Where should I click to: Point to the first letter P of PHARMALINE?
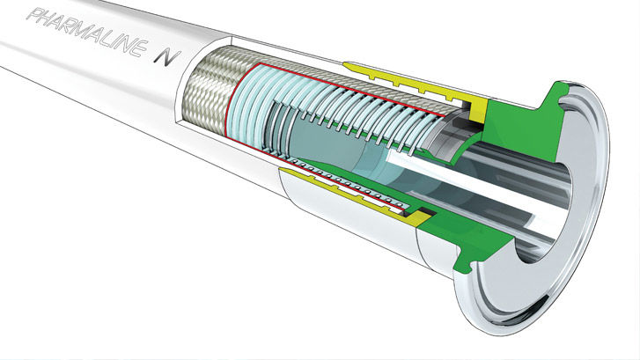[33, 15]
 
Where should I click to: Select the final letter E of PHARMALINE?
[137, 48]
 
